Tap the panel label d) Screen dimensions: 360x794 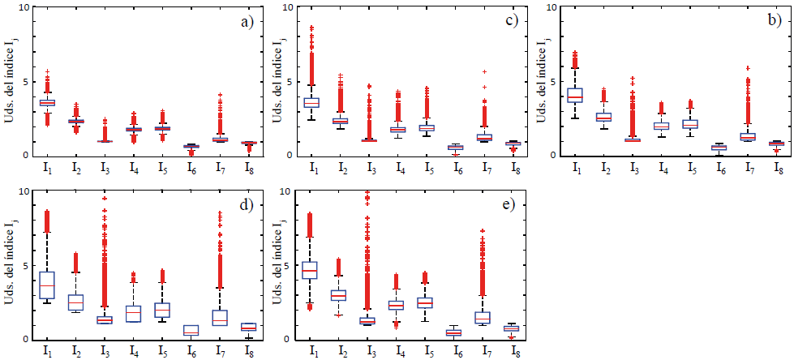click(247, 204)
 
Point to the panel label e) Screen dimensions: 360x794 click(511, 204)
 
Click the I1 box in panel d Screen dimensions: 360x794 click(47, 285)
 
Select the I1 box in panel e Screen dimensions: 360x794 click(310, 270)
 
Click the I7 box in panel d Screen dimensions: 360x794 click(220, 317)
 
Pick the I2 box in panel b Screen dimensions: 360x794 click(603, 117)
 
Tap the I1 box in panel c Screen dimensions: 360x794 click(311, 102)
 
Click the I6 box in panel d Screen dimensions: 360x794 click(191, 330)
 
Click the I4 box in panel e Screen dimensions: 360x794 click(397, 305)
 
